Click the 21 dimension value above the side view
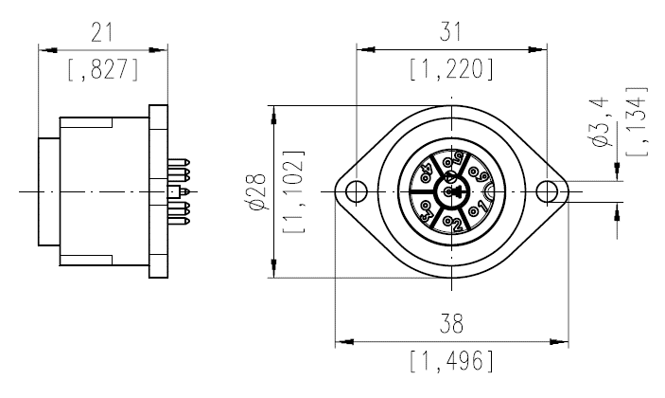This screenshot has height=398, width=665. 102,32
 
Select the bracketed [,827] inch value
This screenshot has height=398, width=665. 102,67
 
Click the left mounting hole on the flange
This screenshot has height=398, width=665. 355,192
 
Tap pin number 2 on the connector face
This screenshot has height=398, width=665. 455,224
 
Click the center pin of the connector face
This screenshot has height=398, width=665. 453,192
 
